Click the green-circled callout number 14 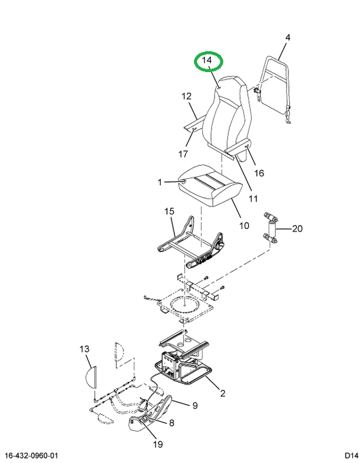coord(207,60)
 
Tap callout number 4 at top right coord(288,37)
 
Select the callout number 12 coord(186,96)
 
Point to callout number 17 coord(183,154)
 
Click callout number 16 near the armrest coord(259,173)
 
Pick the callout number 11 coord(253,199)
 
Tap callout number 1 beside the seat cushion coord(160,182)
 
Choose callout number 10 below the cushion coord(244,226)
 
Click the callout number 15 coord(170,211)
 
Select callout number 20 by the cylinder coord(297,228)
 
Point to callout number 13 coord(84,349)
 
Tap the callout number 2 coord(222,393)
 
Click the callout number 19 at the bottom coord(158,444)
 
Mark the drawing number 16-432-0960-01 coord(31,455)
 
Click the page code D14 coord(351,455)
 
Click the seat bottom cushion coord(211,185)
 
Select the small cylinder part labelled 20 coord(271,228)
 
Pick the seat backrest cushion coord(227,114)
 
